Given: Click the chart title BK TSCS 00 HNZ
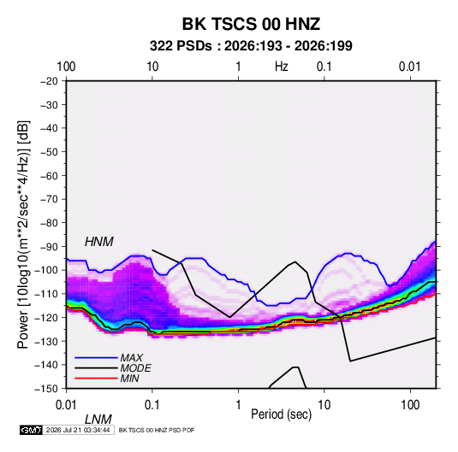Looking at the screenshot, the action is (251, 24).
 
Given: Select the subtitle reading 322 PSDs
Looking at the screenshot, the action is (181, 46).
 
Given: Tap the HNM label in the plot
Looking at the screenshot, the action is (99, 242).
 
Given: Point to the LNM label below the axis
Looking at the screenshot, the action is (98, 420).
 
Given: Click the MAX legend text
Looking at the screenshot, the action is (132, 358).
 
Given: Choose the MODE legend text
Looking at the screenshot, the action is (135, 368).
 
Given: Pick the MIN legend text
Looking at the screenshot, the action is (129, 379).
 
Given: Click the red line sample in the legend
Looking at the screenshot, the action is (96, 379).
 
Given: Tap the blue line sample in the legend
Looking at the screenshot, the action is (96, 358).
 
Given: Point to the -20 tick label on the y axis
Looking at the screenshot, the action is (49, 81).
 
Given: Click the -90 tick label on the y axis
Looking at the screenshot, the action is (49, 246).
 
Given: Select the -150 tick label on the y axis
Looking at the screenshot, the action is (46, 389).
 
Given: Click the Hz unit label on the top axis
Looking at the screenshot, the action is (282, 67).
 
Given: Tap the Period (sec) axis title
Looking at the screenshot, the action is (282, 414).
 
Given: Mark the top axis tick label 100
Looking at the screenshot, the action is (66, 67).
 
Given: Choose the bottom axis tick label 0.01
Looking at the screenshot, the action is (66, 405).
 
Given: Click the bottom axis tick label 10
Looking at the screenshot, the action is (324, 405).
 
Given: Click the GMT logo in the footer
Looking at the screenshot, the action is (31, 430).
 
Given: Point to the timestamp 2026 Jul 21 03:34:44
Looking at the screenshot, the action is (78, 430).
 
